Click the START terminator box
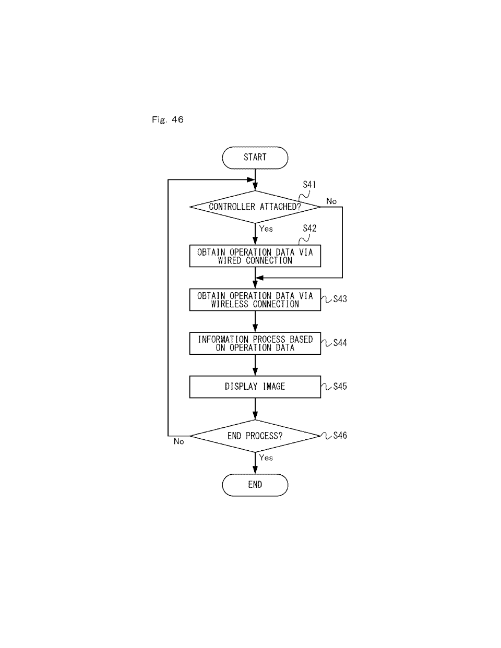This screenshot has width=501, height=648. [x=255, y=158]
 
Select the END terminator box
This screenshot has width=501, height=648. [x=255, y=485]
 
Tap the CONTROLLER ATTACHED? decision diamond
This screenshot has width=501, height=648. [x=255, y=207]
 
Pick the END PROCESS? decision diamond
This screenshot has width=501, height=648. [x=255, y=436]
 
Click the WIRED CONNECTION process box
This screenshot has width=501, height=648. [x=255, y=256]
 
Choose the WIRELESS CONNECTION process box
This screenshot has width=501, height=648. [x=255, y=299]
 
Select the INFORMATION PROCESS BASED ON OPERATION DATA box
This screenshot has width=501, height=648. [x=255, y=343]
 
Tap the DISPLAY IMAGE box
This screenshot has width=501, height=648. [x=255, y=387]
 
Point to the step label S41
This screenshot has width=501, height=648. [x=309, y=185]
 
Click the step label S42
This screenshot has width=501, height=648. [x=309, y=229]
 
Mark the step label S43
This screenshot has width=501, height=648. [x=340, y=299]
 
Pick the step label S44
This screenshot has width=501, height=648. [x=340, y=343]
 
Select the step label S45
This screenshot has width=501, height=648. [x=340, y=386]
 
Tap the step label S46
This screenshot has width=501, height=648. [x=340, y=435]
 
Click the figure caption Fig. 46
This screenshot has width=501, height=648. [x=168, y=120]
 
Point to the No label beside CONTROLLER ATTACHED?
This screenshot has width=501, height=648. [x=331, y=201]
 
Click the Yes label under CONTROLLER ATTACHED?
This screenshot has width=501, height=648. [x=266, y=229]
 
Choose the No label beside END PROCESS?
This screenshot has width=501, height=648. [x=178, y=441]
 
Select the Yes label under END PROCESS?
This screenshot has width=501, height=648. [x=266, y=458]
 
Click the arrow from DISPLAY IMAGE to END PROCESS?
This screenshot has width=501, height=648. [x=255, y=409]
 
